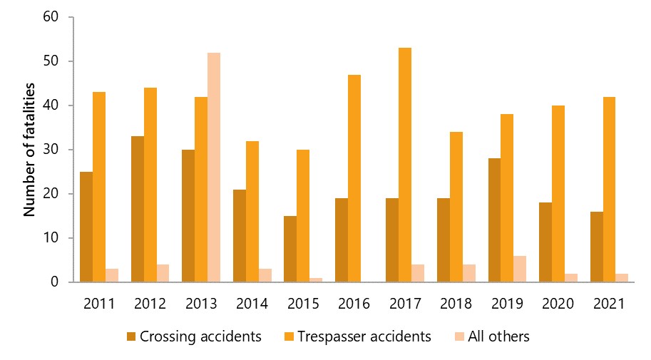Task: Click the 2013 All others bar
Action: point(214,168)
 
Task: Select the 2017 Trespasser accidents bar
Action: point(405,165)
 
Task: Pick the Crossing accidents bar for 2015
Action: point(289,249)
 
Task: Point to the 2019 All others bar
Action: point(520,269)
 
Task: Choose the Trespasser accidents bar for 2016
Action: point(354,178)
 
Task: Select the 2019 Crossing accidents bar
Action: point(494,220)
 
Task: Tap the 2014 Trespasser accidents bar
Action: point(252,211)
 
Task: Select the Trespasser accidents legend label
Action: point(364,336)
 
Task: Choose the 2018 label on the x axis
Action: point(456,304)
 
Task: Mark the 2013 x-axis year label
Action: point(200,304)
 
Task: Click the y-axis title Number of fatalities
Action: point(29,150)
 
